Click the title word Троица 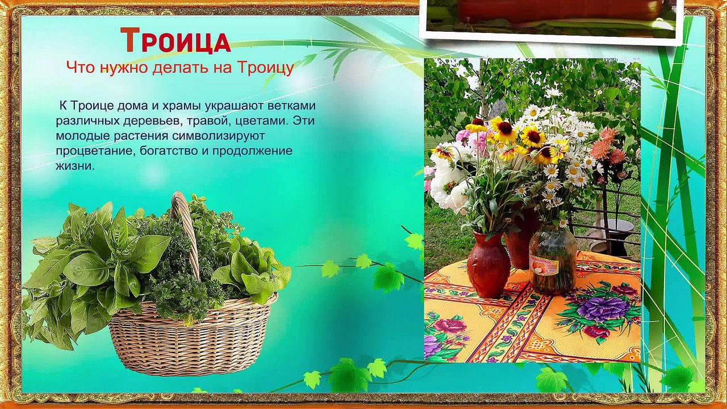pos(176,41)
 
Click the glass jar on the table pos(553,258)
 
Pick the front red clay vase pos(488,264)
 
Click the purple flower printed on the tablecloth pos(595,308)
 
